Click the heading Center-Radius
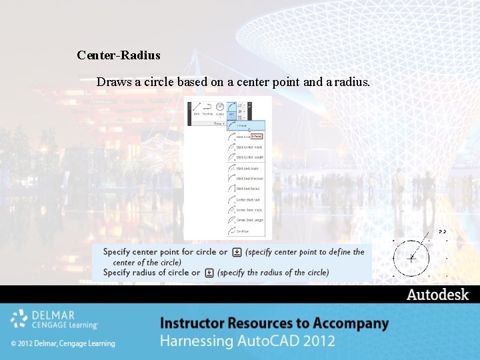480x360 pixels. (119, 55)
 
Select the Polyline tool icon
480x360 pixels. (207, 109)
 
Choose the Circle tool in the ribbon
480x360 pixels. (219, 109)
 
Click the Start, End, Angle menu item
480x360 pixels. (247, 169)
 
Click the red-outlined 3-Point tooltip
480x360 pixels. (257, 136)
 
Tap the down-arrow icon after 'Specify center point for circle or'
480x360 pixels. (236, 253)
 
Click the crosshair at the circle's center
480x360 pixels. (411, 257)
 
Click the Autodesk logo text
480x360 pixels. (437, 295)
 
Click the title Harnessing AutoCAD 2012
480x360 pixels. (247, 341)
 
